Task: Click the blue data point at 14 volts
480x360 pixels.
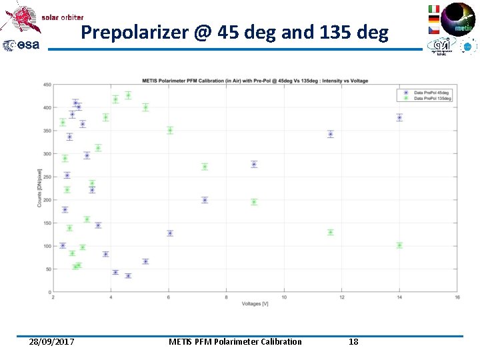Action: [399, 117]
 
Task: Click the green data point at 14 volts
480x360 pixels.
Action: [399, 245]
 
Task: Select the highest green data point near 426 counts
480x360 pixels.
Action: [128, 95]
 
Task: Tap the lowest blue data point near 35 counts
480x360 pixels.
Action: [128, 276]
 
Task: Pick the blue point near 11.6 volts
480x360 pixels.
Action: [330, 134]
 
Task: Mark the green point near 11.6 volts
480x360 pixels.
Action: [330, 232]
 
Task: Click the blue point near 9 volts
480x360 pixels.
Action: [254, 164]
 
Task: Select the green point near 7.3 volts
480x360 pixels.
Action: [205, 167]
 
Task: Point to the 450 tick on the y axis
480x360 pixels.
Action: [47, 85]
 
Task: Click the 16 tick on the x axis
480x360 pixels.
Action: [457, 297]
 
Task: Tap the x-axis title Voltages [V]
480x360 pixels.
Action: [255, 305]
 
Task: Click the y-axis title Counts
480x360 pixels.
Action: [39, 189]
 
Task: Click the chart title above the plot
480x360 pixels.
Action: [255, 81]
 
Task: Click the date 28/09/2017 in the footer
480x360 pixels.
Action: [52, 342]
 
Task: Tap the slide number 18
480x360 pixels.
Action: [353, 342]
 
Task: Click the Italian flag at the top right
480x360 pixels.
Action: [434, 9]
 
